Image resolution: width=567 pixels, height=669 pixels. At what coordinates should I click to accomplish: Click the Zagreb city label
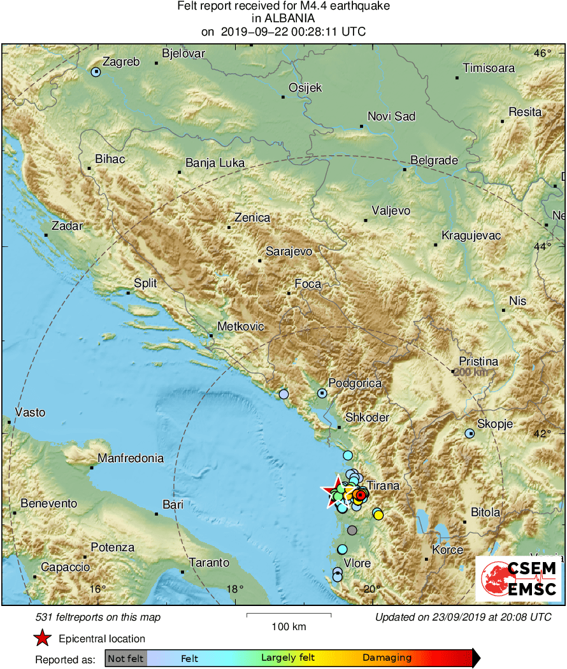pos(120,62)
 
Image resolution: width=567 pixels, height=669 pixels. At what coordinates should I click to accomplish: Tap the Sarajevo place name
pos(289,251)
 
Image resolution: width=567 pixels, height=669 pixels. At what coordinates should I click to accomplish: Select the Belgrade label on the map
pos(434,160)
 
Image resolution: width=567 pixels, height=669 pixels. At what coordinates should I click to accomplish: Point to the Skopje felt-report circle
pos(470,433)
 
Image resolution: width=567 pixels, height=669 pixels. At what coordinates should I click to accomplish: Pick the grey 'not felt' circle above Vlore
pos(352,530)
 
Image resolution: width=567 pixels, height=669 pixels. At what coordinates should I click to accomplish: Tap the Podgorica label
pos(354,383)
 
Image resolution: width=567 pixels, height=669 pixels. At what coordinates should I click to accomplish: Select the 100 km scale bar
pos(289,615)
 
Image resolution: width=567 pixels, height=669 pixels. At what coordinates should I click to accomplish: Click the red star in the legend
pos(42,638)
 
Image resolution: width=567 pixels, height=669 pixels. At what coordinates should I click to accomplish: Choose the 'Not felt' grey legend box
pos(126,658)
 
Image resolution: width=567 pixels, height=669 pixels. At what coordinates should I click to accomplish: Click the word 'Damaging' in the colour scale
pos(387,658)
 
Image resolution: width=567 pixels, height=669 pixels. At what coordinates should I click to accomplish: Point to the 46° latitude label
pos(543,53)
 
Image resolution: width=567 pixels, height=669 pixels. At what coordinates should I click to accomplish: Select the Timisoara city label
pos(489,68)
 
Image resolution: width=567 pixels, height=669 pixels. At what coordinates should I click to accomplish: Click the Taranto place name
pos(209,563)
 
